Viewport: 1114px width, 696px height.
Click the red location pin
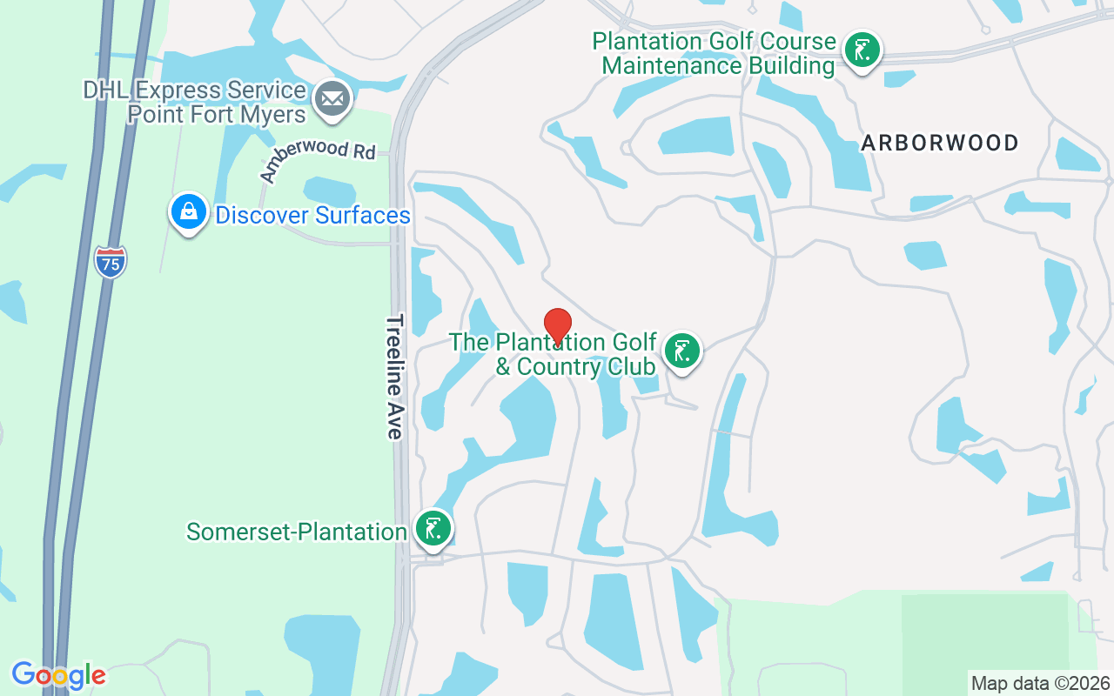click(x=558, y=326)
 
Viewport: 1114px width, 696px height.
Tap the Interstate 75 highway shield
click(x=111, y=261)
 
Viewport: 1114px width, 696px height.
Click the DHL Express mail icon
click(x=332, y=100)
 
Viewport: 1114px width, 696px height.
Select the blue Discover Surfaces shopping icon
click(x=189, y=211)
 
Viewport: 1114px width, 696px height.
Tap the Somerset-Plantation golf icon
click(x=433, y=528)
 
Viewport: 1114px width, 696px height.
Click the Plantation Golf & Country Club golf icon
click(x=682, y=351)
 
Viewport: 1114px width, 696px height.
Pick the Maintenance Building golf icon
click(x=862, y=50)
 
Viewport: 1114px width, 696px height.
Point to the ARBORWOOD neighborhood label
click(x=940, y=144)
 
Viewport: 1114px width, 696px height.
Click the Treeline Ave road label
click(x=395, y=377)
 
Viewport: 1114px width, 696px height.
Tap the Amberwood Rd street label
click(x=318, y=161)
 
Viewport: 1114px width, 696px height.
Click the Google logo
click(x=58, y=675)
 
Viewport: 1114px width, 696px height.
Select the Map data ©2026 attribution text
click(x=1041, y=683)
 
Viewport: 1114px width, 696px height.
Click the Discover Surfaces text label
click(x=312, y=215)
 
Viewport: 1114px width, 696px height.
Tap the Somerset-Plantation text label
click(x=297, y=532)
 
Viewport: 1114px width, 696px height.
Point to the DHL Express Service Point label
click(x=195, y=102)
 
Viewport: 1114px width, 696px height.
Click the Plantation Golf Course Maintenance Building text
click(x=715, y=53)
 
